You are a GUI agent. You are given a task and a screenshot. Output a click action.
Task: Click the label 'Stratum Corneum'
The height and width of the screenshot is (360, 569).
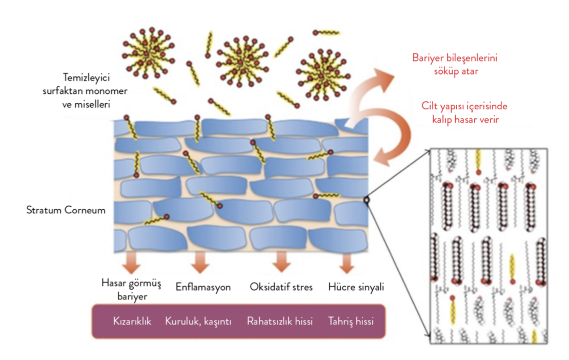tap(66, 210)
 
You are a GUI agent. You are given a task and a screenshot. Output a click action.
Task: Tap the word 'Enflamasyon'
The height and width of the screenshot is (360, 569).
tap(203, 287)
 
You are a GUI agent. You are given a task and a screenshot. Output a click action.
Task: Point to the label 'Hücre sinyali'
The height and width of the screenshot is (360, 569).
tap(356, 287)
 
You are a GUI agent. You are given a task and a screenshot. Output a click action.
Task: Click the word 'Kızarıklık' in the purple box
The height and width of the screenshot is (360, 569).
tap(132, 322)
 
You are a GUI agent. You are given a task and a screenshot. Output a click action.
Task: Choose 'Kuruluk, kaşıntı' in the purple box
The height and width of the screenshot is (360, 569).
tap(198, 322)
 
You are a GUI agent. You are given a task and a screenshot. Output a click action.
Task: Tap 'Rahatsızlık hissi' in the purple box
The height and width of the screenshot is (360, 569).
tap(279, 322)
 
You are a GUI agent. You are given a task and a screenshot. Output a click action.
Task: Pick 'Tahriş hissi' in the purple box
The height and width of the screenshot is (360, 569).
tap(351, 322)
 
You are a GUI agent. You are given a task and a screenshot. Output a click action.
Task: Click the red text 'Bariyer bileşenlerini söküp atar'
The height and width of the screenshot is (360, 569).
tap(455, 65)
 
